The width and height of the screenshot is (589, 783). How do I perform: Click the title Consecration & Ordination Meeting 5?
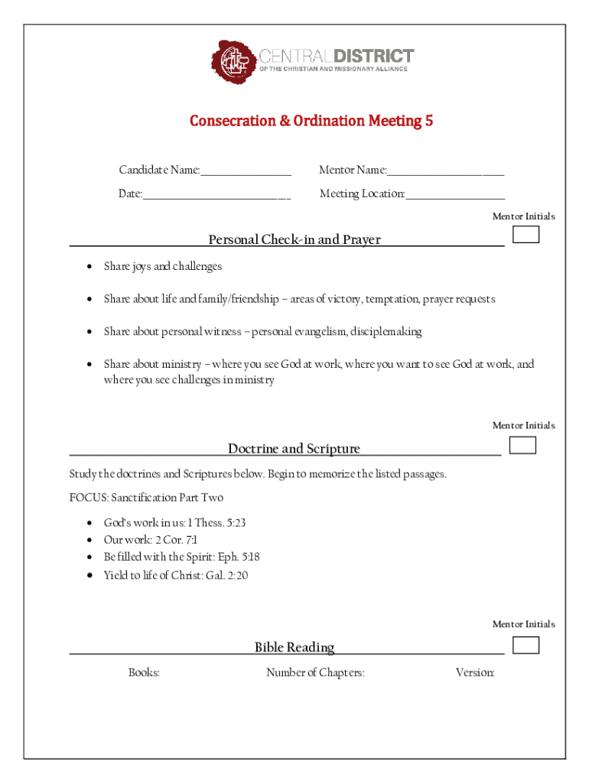311,121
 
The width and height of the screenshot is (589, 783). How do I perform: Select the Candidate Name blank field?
246,171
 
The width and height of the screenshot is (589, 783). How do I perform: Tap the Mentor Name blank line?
445,171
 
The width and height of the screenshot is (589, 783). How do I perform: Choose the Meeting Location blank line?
455,194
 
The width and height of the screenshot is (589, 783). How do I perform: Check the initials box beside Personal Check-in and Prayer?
526,235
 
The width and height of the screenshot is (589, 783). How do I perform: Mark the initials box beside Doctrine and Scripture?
522,445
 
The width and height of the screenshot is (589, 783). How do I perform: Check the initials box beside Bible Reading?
526,645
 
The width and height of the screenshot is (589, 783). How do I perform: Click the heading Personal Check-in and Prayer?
294,240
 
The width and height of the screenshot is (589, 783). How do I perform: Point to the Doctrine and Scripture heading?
294,449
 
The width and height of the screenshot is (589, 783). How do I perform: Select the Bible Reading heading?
294,648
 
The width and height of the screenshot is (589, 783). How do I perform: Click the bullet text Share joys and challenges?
163,267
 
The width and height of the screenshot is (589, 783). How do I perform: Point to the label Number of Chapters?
315,673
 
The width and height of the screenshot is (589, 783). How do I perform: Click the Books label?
144,673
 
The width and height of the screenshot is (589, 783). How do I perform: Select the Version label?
475,673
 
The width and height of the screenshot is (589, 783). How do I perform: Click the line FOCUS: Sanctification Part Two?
146,498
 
